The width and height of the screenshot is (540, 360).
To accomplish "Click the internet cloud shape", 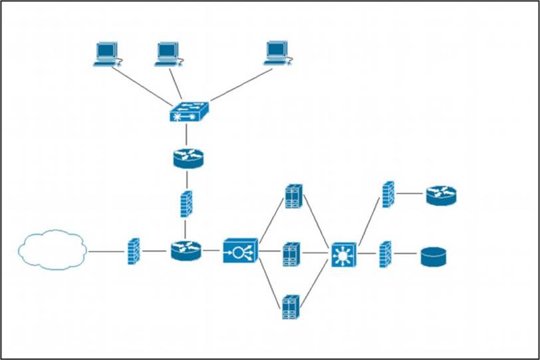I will [x=53, y=250].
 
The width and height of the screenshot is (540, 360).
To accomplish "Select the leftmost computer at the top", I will [x=106, y=53].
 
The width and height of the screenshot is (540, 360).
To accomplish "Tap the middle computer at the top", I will [x=167, y=53].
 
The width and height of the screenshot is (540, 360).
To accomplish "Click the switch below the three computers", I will [x=188, y=112].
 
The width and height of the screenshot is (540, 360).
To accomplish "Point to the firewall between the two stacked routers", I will [x=186, y=204].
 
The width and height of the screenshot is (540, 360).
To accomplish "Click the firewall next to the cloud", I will [x=134, y=251].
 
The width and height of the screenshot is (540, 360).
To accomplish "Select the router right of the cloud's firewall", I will [x=186, y=250].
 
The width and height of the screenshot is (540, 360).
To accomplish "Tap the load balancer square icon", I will [x=239, y=252].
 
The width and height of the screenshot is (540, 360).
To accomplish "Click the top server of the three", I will [x=292, y=197].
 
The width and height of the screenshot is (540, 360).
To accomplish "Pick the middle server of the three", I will [x=291, y=254].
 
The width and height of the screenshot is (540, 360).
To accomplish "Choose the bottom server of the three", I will [x=291, y=307].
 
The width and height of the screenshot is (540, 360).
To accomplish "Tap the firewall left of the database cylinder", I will [x=385, y=254].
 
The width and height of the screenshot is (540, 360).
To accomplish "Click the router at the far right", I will [x=442, y=195].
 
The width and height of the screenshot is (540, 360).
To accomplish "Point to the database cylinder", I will [x=433, y=256].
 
